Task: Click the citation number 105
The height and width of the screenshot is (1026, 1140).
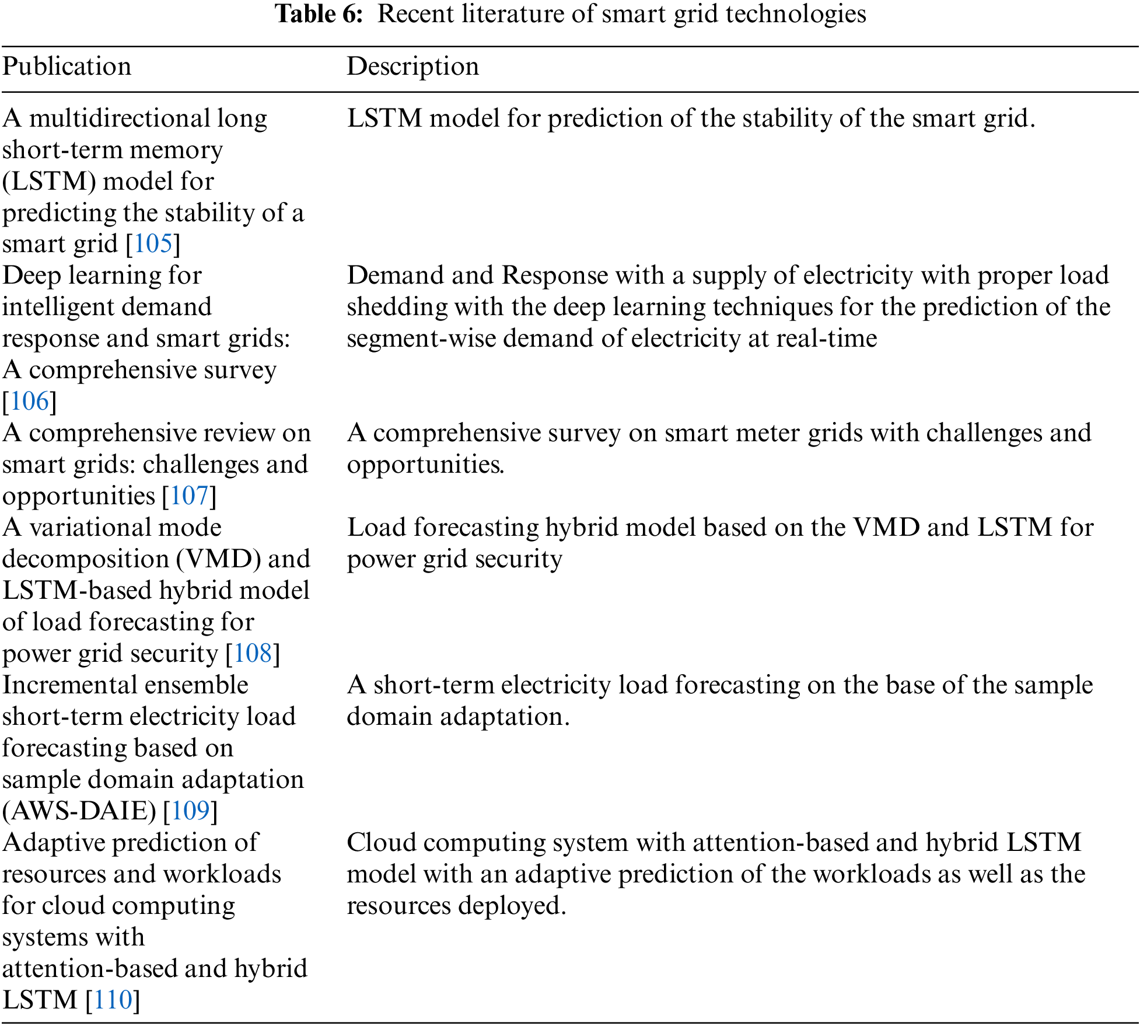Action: [153, 244]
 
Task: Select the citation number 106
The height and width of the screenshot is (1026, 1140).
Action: [29, 402]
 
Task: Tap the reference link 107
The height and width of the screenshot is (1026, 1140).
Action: [189, 496]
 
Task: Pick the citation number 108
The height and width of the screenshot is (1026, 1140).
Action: [253, 654]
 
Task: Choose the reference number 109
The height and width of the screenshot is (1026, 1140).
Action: [190, 811]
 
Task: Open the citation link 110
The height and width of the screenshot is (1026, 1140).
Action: [113, 1000]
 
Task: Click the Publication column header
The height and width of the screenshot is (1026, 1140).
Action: [67, 67]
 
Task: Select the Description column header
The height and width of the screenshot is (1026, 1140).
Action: [412, 67]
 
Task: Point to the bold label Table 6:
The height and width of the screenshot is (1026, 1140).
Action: [319, 14]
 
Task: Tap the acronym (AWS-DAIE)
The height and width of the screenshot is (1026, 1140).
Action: [79, 811]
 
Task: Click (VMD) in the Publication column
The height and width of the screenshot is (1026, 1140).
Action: [219, 559]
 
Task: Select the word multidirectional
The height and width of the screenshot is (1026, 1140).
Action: [120, 118]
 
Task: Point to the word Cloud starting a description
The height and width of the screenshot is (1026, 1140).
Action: [381, 843]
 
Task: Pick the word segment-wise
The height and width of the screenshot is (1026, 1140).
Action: [421, 338]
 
